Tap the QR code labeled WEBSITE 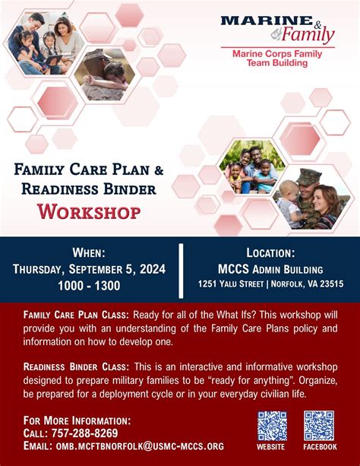tap(272, 426)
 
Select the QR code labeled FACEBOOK tap(319, 426)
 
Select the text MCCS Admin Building tap(270, 268)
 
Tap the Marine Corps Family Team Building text tap(277, 59)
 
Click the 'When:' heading tap(89, 252)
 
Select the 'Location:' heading tap(270, 252)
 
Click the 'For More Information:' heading tap(77, 420)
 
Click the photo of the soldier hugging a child tap(105, 74)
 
